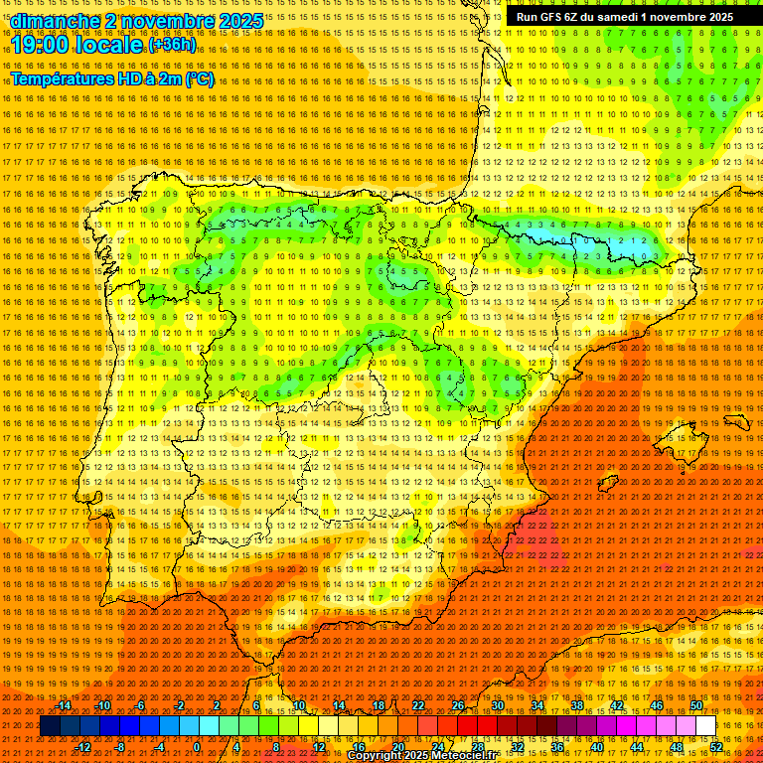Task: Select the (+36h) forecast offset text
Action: [172, 44]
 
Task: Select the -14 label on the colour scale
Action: [64, 705]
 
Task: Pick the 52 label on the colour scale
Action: [716, 746]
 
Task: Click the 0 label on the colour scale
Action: [197, 746]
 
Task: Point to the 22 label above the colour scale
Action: [417, 705]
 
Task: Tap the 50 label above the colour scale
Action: [696, 705]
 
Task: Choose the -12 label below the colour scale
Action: [82, 746]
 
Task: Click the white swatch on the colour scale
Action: [705, 726]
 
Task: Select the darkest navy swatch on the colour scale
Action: [49, 726]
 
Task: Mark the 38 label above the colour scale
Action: [577, 705]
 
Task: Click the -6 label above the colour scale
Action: [140, 705]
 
